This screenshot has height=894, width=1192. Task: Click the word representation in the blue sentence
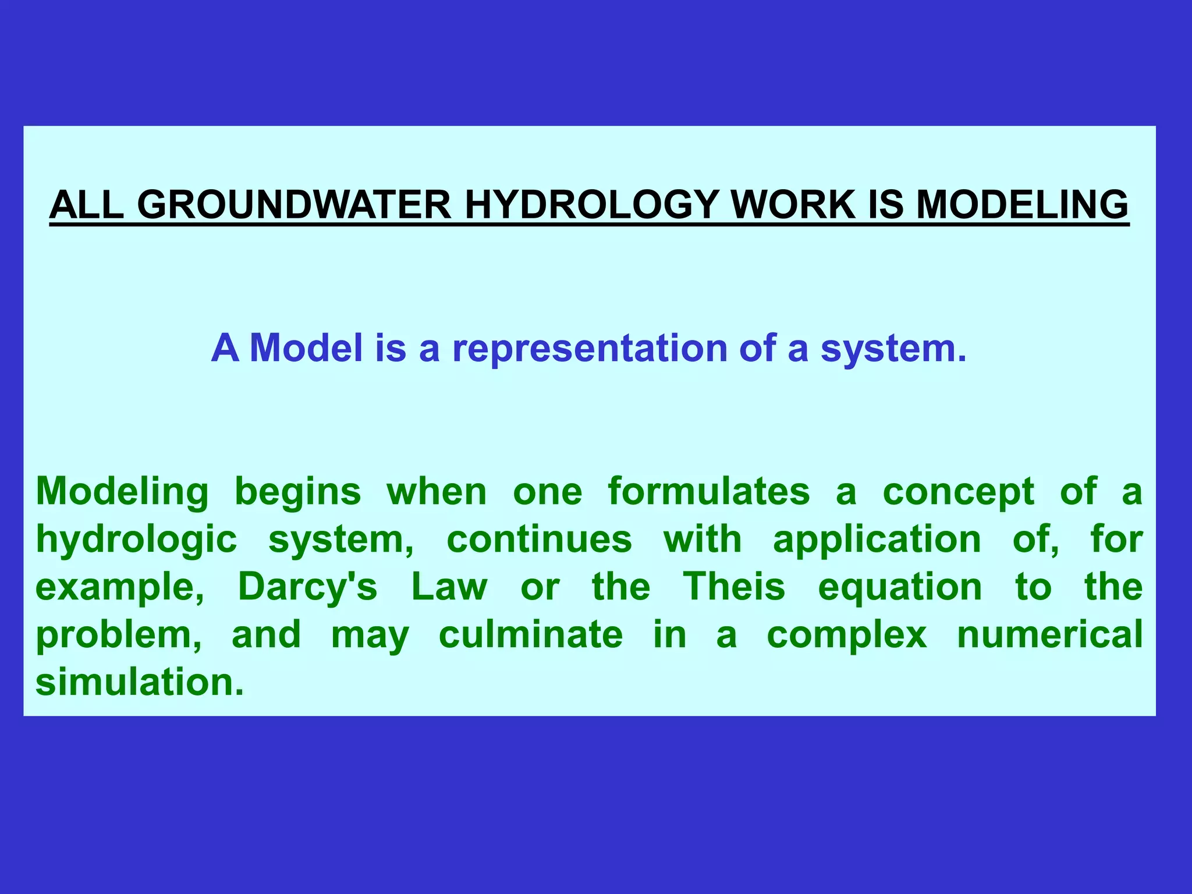pos(590,349)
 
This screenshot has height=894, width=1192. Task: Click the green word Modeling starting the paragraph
pos(122,492)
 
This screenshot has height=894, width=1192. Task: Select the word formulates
pos(709,491)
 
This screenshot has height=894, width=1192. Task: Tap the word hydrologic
pos(137,540)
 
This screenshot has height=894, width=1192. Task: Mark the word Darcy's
pos(308,587)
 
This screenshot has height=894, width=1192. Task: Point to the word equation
pos(900,588)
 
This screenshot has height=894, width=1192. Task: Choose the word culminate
pos(531,634)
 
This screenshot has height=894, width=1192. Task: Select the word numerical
pos(1050,634)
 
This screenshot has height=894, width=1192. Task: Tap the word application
pos(877,540)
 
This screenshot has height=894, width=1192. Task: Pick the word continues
pos(539,539)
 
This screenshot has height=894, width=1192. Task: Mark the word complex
pos(847,636)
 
